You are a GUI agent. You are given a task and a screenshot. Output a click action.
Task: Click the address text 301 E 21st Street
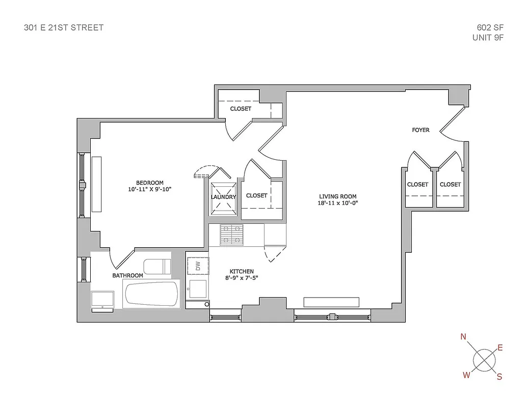tap(64, 27)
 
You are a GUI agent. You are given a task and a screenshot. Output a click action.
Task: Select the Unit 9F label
tap(488, 38)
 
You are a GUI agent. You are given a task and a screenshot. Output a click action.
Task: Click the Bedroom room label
tap(149, 183)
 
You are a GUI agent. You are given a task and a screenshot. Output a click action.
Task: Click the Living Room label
tap(337, 196)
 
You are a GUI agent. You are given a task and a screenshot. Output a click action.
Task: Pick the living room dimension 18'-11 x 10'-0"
tap(337, 203)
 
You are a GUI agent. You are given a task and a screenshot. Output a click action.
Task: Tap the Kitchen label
tap(242, 272)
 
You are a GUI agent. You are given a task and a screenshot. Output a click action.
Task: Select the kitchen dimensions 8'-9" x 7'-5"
tap(242, 278)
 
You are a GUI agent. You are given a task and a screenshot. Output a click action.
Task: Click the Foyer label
tap(420, 130)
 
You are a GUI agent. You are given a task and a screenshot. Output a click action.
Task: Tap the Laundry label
tap(223, 197)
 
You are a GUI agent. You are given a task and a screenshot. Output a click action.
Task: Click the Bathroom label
tap(127, 276)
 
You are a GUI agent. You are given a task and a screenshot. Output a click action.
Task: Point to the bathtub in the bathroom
tap(152, 295)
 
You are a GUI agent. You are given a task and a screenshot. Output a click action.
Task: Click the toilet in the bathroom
tap(156, 266)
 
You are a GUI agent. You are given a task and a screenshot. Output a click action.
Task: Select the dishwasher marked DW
tap(198, 266)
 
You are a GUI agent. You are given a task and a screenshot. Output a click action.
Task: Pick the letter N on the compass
tap(463, 337)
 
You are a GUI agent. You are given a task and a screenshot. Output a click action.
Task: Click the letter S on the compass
tap(499, 377)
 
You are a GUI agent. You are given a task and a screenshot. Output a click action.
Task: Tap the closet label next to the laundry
tap(256, 195)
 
